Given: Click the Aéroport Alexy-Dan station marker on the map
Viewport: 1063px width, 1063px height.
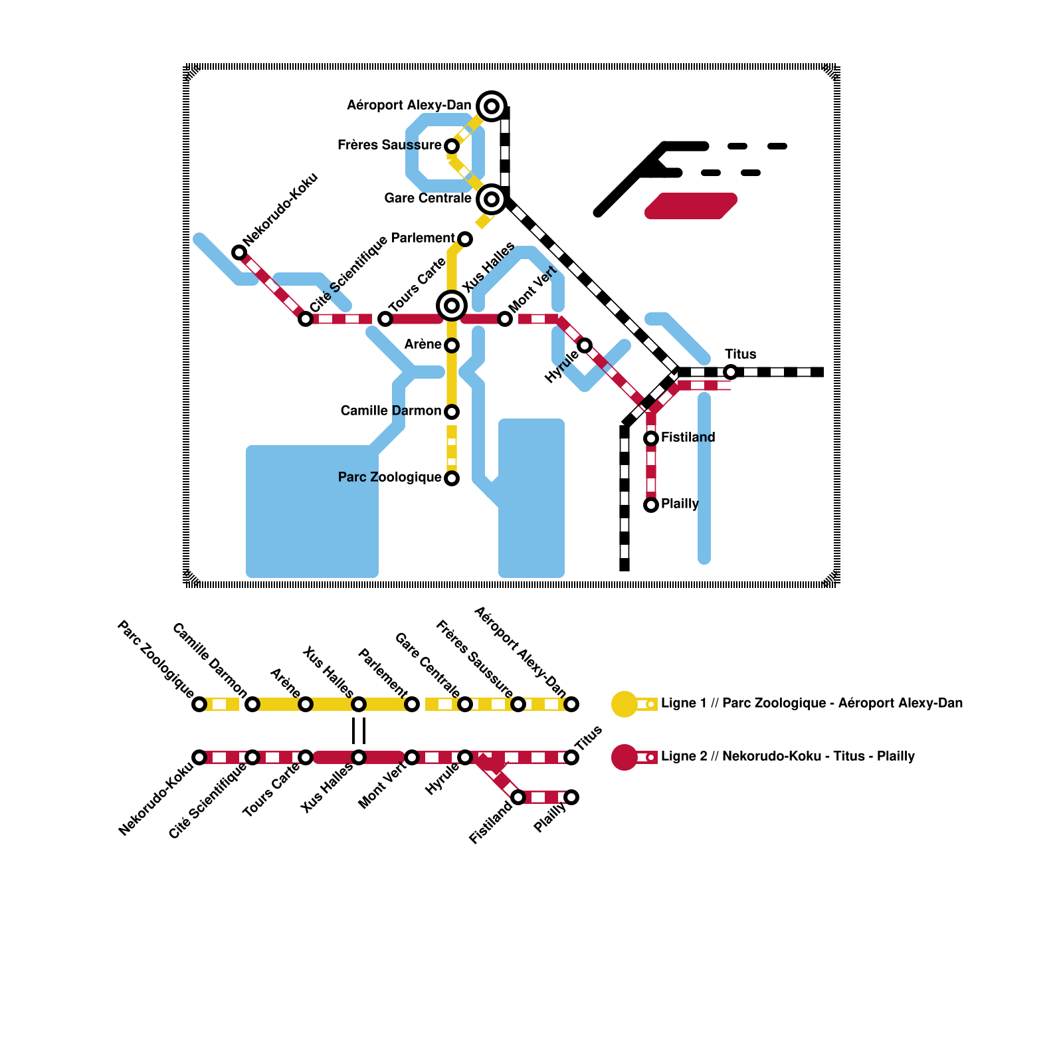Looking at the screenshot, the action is point(492,106).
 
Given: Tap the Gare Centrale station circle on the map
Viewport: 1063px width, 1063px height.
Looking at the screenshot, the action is point(492,199).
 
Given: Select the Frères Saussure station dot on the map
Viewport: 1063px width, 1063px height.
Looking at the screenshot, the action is point(452,145).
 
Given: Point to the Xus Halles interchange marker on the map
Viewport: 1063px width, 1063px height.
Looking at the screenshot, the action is point(452,306).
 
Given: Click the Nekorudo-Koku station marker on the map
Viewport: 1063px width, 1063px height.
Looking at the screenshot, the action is point(239,252).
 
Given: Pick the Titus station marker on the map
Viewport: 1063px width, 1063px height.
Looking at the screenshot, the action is point(731,371).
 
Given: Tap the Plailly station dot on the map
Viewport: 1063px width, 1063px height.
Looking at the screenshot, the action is point(651,505).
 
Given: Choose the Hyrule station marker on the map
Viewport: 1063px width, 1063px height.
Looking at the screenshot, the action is point(585,345).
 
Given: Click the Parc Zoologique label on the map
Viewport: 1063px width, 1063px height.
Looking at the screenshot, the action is point(389,477).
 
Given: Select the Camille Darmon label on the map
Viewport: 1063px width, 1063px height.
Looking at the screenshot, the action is point(391,411).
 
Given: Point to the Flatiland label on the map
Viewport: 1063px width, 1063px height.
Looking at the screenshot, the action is point(688,437).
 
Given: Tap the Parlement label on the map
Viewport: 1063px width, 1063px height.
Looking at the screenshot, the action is point(423,238).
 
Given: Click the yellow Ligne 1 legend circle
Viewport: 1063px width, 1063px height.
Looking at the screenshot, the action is point(625,704).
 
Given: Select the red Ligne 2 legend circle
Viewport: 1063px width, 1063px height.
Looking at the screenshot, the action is point(625,757).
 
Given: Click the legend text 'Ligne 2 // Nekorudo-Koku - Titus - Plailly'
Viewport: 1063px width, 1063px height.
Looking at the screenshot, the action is point(788,756).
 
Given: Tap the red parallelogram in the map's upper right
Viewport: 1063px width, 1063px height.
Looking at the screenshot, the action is point(691,205).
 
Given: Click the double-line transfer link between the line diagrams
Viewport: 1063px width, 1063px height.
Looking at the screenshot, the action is point(359,731).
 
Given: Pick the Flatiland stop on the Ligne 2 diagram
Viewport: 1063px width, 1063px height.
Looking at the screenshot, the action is point(518,797).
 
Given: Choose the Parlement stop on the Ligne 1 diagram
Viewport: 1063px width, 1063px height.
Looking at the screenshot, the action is point(412,704).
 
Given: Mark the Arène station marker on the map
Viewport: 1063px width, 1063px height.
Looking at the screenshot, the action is point(452,345).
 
